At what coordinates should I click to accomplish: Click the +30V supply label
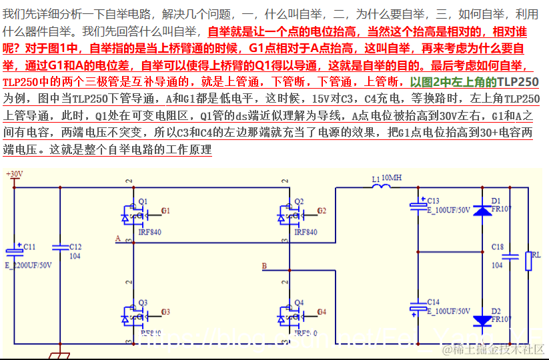[x=14, y=174]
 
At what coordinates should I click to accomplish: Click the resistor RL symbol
[x=528, y=261]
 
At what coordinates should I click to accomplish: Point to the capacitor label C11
[x=29, y=247]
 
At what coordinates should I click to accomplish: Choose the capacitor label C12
[x=75, y=247]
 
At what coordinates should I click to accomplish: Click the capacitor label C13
[x=433, y=201]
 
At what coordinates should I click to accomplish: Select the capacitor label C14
[x=433, y=302]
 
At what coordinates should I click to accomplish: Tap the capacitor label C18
[x=498, y=247]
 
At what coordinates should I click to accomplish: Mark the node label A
[x=118, y=238]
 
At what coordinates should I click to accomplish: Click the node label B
[x=264, y=266]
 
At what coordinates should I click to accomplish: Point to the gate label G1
[x=165, y=211]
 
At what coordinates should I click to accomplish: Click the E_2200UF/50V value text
[x=29, y=265]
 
